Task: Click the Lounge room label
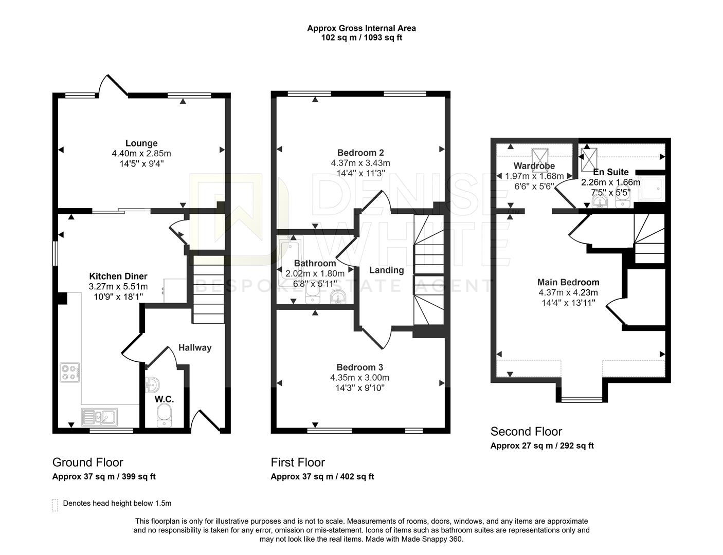[x=141, y=143]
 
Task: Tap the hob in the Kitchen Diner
[x=70, y=372]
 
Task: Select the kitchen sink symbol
[x=99, y=416]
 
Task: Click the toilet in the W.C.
[x=164, y=414]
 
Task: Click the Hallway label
[x=195, y=348]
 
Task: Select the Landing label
[x=387, y=270]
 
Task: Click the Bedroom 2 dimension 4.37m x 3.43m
[x=360, y=163]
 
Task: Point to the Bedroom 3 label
[x=360, y=367]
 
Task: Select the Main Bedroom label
[x=568, y=282]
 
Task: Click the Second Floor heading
[x=526, y=432]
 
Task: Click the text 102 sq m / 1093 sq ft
[x=361, y=38]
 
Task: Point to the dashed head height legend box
[x=55, y=505]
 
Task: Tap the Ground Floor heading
[x=88, y=462]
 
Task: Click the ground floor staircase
[x=209, y=290]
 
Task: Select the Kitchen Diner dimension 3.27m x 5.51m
[x=118, y=287]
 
